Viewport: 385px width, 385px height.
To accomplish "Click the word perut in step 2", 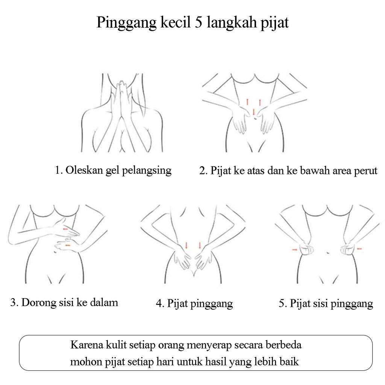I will point(365,171).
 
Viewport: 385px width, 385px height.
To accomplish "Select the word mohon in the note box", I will point(84,362).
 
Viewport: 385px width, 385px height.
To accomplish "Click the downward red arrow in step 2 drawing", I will point(254,111).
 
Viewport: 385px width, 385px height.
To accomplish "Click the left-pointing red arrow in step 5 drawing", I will point(359,248).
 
